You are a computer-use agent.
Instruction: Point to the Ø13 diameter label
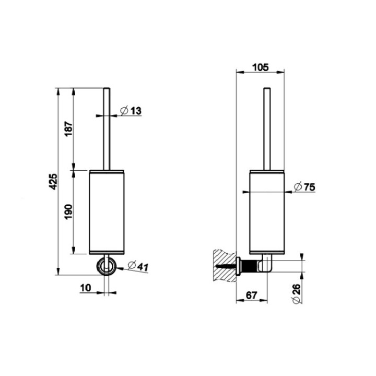(x=131, y=111)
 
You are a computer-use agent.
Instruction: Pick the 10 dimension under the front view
(x=87, y=287)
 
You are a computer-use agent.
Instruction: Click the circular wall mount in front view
(x=107, y=266)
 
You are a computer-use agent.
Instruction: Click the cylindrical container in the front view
(x=107, y=211)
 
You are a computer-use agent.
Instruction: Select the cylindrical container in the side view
(x=267, y=211)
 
